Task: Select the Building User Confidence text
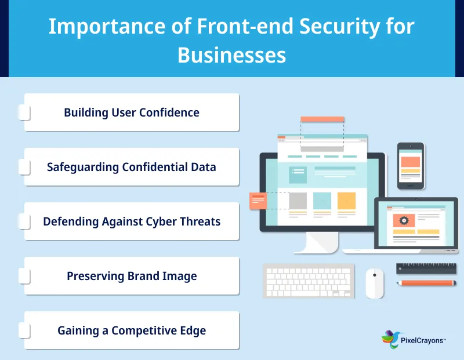(132, 112)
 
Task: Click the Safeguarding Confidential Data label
(132, 167)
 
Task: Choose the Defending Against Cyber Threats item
(132, 221)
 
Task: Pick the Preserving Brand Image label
(132, 276)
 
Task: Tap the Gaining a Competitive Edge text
(132, 330)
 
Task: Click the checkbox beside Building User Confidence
(24, 112)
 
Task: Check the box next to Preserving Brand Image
(24, 276)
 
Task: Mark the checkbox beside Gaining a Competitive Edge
(24, 330)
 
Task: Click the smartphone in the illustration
(411, 166)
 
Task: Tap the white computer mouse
(374, 282)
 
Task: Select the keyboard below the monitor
(308, 281)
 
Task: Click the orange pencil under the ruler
(427, 283)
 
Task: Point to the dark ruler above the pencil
(427, 268)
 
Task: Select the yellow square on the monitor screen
(346, 201)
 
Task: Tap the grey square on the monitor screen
(298, 201)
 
